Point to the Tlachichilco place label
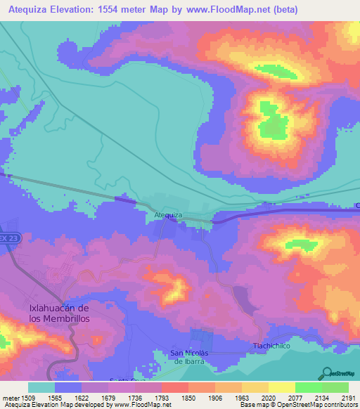[271, 346]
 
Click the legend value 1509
[28, 397]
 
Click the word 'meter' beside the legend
[11, 397]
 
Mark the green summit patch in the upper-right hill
[270, 120]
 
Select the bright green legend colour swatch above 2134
[309, 387]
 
